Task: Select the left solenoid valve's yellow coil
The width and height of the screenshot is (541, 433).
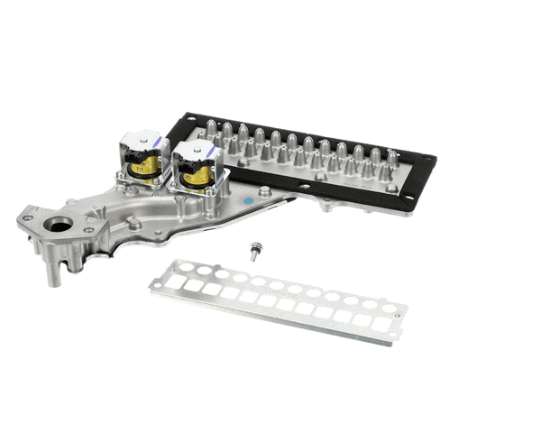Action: coord(148,165)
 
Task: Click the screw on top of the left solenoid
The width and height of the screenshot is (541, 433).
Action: coord(135,137)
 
